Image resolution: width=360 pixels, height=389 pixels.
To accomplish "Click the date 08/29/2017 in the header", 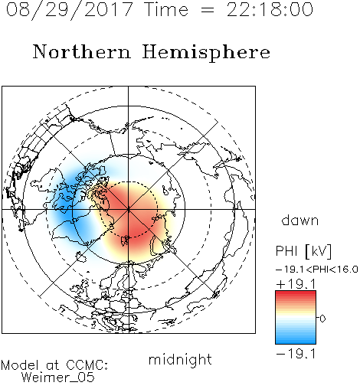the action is click(x=70, y=9).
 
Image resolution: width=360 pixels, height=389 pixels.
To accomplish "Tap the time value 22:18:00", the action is click(x=270, y=9).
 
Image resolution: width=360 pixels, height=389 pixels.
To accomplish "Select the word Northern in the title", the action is click(x=82, y=52).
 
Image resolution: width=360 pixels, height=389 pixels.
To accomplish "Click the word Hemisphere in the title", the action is click(x=206, y=53).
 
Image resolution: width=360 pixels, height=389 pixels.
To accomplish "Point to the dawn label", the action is click(x=300, y=220).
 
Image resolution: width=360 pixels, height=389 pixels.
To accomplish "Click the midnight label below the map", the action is click(x=180, y=359).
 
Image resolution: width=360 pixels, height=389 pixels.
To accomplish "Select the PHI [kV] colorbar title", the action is click(x=303, y=251).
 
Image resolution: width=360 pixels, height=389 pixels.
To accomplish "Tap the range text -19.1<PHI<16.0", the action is click(x=317, y=270).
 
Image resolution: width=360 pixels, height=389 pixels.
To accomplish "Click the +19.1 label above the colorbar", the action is click(x=296, y=284).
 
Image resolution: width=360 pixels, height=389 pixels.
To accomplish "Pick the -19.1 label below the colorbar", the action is click(x=296, y=354).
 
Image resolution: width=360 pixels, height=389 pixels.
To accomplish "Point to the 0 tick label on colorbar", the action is click(x=322, y=319).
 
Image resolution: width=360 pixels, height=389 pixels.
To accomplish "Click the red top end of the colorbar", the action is click(x=296, y=293).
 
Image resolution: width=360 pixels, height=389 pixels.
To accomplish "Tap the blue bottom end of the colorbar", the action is click(x=296, y=342).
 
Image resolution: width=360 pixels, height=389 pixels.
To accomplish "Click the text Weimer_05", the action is click(x=58, y=378).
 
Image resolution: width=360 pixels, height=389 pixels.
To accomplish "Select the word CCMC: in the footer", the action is click(x=87, y=365).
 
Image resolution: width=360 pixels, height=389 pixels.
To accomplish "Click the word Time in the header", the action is click(x=166, y=9).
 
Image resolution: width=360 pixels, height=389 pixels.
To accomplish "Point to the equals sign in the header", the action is click(x=208, y=10).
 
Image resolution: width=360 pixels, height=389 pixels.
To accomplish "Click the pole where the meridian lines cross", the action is click(x=129, y=209).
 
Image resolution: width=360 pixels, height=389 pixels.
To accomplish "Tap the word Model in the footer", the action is click(x=20, y=365).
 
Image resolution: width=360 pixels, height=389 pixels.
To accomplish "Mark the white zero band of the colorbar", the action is click(x=296, y=318).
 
